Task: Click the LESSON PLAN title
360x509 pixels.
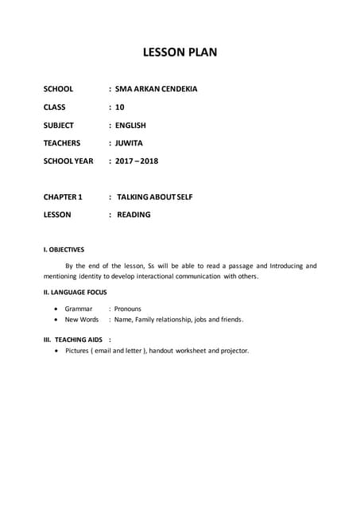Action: coord(180,52)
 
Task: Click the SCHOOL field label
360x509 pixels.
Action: coord(58,89)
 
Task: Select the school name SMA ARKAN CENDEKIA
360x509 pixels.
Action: coord(156,89)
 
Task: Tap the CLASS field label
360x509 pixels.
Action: coord(55,107)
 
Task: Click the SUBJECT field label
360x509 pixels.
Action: coord(59,126)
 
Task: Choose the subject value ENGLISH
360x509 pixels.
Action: coord(130,126)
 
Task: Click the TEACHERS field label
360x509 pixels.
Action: coord(62,143)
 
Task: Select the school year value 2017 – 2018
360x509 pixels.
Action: coord(137,161)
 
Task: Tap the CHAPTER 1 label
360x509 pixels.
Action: coord(63,196)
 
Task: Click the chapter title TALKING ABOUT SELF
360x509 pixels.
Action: coord(155,196)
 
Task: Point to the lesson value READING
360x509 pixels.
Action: coord(134,214)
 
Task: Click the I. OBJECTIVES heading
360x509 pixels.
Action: coord(64,249)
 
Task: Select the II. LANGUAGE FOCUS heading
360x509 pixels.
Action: coord(75,292)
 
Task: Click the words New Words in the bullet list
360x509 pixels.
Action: coord(82,319)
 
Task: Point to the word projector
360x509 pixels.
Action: coord(234,350)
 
